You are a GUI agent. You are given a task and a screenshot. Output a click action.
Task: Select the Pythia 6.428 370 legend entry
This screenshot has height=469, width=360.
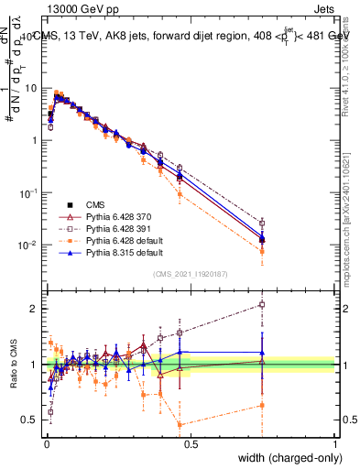(115, 216)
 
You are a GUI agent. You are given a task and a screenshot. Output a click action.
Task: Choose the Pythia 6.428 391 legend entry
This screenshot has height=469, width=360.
(115, 228)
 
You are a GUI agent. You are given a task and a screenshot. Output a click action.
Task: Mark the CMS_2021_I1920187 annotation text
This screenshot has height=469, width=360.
(191, 273)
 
